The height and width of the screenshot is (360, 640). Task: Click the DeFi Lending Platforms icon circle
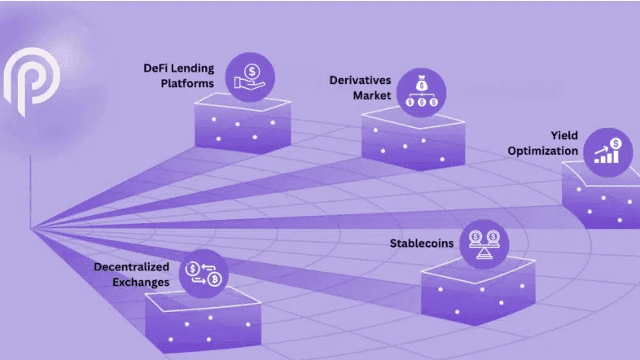coord(250,74)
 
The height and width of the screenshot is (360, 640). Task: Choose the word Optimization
coord(543,151)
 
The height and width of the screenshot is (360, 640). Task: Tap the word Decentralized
coord(131,266)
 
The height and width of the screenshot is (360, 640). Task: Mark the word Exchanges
coord(140,282)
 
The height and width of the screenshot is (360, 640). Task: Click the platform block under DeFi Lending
coord(242,130)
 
